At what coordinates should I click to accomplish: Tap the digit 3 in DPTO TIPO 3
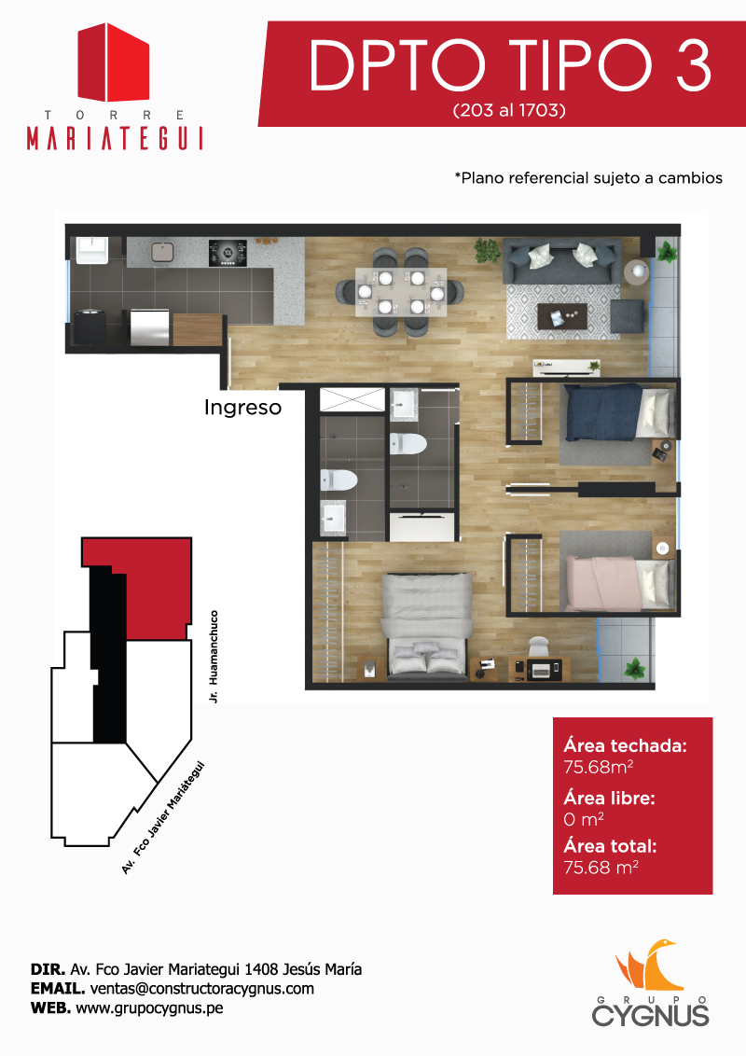(x=693, y=65)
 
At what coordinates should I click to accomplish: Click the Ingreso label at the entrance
(x=243, y=408)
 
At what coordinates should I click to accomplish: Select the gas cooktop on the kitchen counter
(x=228, y=253)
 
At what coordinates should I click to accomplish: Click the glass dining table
(x=401, y=292)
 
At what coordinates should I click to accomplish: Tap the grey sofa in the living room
(x=562, y=262)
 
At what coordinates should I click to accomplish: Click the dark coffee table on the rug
(x=562, y=316)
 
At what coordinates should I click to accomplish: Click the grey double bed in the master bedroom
(x=425, y=623)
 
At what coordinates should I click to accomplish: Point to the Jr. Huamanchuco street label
(x=214, y=657)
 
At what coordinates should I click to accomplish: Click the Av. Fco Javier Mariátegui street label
(x=162, y=817)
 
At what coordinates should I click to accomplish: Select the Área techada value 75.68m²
(x=598, y=767)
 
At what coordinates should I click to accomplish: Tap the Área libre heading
(x=609, y=798)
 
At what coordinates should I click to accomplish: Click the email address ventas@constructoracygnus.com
(x=202, y=989)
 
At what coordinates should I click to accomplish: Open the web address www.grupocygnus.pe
(x=149, y=1008)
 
